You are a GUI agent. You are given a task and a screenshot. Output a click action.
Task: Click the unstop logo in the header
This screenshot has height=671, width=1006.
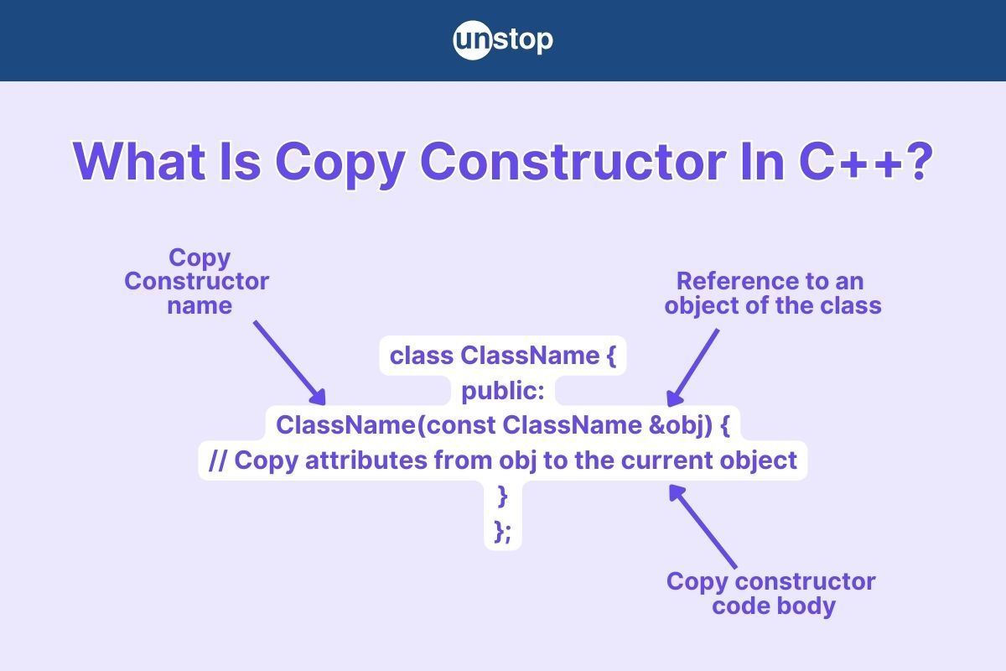pos(503,40)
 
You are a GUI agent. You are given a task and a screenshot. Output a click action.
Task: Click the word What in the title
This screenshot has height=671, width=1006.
pos(139,162)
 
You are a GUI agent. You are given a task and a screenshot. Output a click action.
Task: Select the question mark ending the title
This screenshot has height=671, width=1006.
pos(920,161)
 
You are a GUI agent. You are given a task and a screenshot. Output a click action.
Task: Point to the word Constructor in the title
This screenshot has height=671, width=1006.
pos(573,162)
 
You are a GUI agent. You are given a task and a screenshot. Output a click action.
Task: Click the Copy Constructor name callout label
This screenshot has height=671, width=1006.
pos(197,282)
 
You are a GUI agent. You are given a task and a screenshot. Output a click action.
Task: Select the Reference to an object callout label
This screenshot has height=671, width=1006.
pos(772,294)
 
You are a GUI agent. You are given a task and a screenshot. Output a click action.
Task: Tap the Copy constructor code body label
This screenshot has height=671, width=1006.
pos(771,593)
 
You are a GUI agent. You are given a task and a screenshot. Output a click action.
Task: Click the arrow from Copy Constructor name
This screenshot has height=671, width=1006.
pos(290,362)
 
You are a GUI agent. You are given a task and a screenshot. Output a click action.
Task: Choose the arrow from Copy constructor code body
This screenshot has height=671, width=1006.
pos(703,526)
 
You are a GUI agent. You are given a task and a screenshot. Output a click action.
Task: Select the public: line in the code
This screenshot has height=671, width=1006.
pos(503,391)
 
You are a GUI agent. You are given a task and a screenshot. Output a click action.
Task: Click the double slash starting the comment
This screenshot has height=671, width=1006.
pos(218,460)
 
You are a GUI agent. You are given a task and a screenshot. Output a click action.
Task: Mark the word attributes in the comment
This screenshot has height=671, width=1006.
pos(366,460)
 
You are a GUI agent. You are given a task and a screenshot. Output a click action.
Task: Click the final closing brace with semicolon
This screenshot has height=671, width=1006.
pos(502,531)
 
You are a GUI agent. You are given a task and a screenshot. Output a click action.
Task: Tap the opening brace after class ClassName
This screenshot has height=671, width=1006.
pos(611,356)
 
